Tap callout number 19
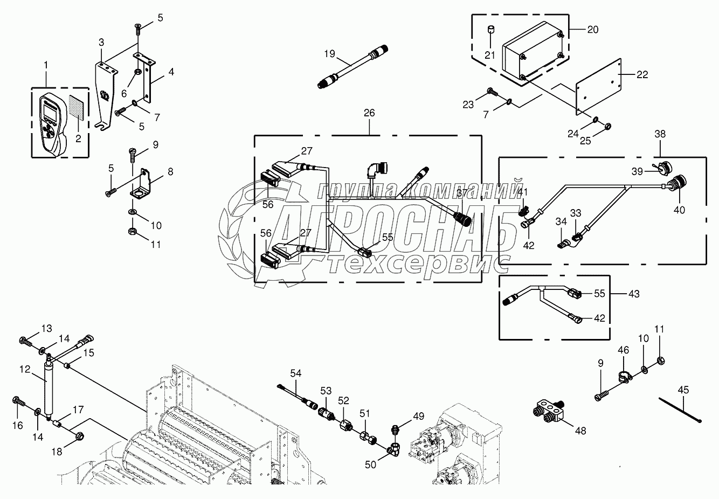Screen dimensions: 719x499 tap(330, 53)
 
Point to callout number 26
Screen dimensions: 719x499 tap(369, 114)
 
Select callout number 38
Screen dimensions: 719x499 tap(660, 133)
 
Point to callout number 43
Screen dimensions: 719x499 tap(634, 294)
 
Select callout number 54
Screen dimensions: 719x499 tap(295, 373)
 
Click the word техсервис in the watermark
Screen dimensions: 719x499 tap(418, 262)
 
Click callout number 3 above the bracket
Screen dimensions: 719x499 tap(101, 42)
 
